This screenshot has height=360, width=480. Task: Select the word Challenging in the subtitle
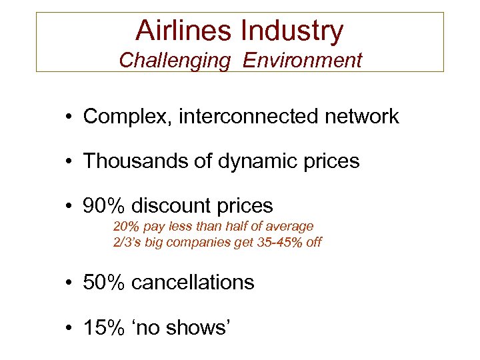pyautogui.click(x=175, y=61)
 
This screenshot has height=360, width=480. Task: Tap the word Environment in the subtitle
pyautogui.click(x=302, y=61)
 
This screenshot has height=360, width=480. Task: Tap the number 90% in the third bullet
pyautogui.click(x=103, y=205)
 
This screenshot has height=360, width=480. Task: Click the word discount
pyautogui.click(x=174, y=205)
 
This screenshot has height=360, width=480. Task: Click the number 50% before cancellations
pyautogui.click(x=103, y=282)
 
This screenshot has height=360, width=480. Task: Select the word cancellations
pyautogui.click(x=193, y=282)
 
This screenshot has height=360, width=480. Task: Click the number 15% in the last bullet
pyautogui.click(x=103, y=327)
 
